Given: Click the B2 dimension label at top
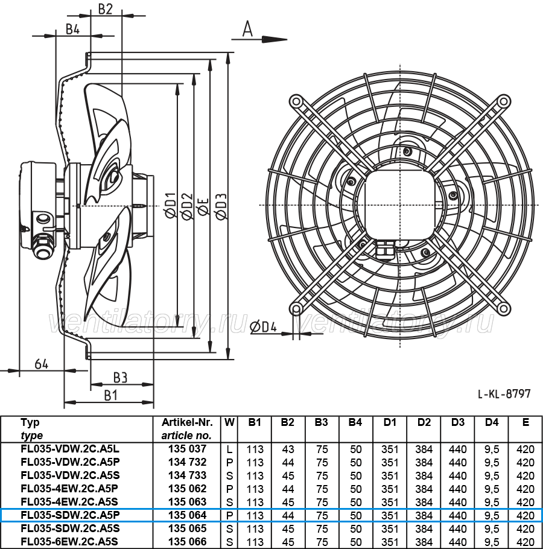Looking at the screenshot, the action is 106,9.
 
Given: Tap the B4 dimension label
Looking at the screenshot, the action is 73,29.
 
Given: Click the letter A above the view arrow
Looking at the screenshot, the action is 247,29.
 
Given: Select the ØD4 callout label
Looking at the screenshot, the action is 264,326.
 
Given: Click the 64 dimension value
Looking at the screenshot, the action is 41,364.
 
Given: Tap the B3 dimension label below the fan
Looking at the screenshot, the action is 120,378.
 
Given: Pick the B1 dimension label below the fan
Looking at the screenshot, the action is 111,395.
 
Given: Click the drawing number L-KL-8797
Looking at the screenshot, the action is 504,394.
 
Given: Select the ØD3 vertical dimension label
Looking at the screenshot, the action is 221,206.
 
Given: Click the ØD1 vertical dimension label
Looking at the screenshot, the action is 171,206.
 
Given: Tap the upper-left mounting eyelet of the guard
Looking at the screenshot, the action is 296,101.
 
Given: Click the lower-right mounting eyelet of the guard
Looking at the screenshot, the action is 503,308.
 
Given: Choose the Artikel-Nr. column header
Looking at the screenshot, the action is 187,422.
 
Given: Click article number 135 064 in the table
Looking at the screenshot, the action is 187,515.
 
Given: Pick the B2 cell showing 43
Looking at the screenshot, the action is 288,449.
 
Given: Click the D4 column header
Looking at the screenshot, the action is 492,422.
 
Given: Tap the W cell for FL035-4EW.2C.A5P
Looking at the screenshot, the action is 229,489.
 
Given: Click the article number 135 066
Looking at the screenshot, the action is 187,542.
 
